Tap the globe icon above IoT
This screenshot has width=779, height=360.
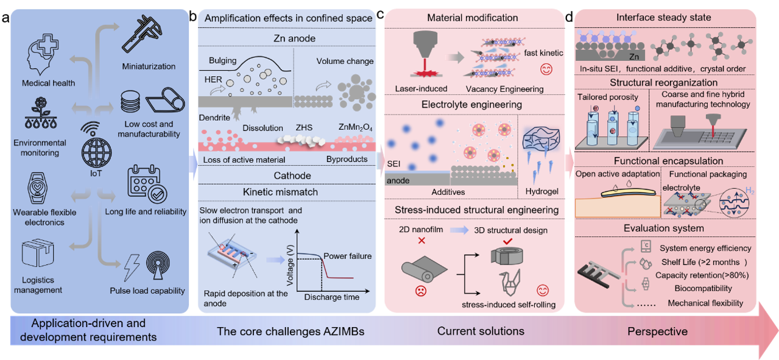[x=96, y=152]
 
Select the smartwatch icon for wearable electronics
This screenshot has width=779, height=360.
[x=37, y=188]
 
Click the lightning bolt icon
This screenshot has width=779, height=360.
[x=132, y=267]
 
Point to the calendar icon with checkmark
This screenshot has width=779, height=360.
[x=147, y=183]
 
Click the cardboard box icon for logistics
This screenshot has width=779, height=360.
[x=38, y=253]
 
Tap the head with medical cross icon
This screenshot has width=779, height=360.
[x=43, y=54]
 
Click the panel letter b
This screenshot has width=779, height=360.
[x=192, y=16]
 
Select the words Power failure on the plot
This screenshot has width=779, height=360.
[x=347, y=256]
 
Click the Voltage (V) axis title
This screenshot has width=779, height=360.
[x=290, y=266]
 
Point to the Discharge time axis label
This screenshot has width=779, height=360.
[x=332, y=297]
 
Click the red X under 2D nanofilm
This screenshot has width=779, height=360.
[x=421, y=241]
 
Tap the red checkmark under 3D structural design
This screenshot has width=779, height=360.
[x=508, y=241]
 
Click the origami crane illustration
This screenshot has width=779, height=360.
[x=510, y=283]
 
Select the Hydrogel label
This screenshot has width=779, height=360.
[x=542, y=191]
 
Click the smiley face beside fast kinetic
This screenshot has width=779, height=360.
[x=546, y=69]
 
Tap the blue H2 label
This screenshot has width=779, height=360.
[x=750, y=191]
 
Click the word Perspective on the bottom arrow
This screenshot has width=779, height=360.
[x=657, y=331]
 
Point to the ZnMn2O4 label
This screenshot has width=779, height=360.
[x=356, y=128]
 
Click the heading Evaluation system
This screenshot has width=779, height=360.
[x=663, y=228]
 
